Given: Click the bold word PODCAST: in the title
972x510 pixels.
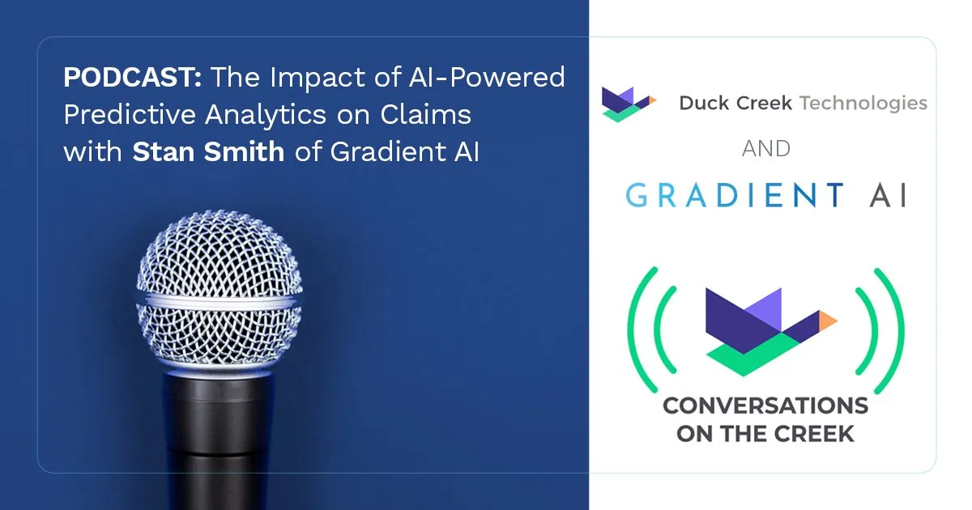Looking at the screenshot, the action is coord(132,77).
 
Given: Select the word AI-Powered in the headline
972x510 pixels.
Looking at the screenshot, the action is coord(487,78).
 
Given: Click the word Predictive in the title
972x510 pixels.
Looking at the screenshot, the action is coord(129,115).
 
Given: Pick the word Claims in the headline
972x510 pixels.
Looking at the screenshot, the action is coord(426,115).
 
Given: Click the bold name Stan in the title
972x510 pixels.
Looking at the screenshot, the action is coord(163,152).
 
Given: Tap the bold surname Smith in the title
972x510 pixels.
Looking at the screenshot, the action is coord(244,152).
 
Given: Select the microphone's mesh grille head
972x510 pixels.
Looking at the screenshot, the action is coord(220,288).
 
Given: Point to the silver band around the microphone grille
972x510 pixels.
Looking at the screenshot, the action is coord(220,301).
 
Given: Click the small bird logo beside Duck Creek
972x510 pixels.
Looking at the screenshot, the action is coord(628,104).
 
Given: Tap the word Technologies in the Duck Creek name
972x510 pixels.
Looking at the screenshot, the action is coord(863,104).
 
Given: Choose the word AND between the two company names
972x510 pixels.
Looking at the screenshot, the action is coord(766,149).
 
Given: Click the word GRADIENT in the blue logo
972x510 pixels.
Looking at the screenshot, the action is coord(735,195).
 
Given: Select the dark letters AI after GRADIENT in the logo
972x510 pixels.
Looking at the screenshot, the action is coord(889,195).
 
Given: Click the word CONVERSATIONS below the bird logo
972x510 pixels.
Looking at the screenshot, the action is coord(765,406).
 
